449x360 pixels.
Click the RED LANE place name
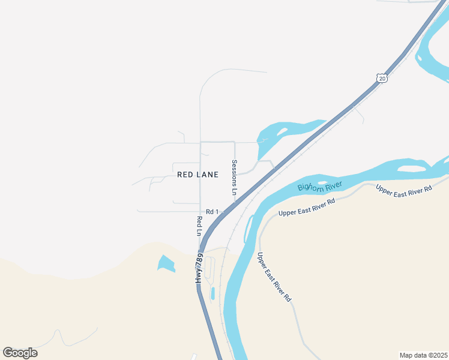coord(197,174)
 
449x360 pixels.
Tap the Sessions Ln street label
coord(235,177)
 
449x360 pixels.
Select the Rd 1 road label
coord(212,212)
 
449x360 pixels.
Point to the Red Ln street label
coord(199,226)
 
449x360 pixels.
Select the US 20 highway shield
coord(382,78)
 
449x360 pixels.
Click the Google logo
coord(20,353)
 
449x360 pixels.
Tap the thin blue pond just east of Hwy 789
coord(212,293)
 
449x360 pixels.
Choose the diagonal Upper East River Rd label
coord(274,277)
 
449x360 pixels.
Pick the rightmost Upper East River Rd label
coord(403,188)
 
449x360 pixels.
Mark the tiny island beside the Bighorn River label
coord(323,183)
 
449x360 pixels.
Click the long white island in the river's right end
coord(411,169)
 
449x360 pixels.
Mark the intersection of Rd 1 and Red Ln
coord(200,212)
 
